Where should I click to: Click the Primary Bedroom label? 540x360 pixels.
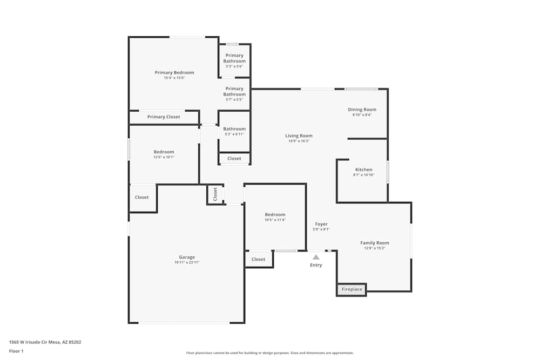174,72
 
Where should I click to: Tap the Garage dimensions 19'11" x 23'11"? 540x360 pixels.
187,262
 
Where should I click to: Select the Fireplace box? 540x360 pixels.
352,289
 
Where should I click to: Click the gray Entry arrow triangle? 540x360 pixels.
316,257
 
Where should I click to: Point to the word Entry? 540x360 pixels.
316,265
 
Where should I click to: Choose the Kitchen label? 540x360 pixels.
363,169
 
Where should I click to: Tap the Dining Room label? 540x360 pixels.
362,110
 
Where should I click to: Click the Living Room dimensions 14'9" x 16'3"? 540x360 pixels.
299,141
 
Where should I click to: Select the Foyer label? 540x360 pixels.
321,224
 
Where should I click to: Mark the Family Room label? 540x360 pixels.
374,243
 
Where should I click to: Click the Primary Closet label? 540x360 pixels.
164,117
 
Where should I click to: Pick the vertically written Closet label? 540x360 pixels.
215,194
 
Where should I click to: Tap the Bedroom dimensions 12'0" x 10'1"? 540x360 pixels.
164,157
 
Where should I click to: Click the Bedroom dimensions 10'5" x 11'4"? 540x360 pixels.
275,220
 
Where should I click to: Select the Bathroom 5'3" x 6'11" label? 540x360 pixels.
234,129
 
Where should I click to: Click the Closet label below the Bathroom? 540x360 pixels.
234,158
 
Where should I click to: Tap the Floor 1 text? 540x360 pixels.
16,351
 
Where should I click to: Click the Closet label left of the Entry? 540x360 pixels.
259,259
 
